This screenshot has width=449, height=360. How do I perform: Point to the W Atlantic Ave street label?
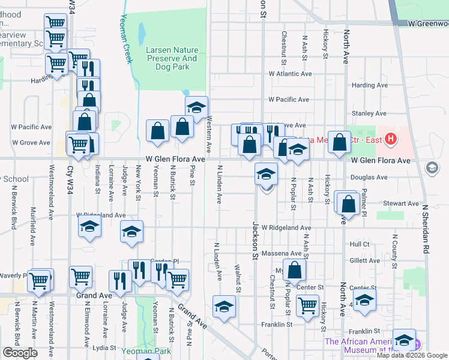pyautogui.click(x=291, y=74)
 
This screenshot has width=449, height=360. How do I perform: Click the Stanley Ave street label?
pyautogui.click(x=369, y=113)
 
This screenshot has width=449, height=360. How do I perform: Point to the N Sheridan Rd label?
pyautogui.click(x=426, y=227)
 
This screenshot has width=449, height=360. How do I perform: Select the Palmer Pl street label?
pyautogui.click(x=364, y=188)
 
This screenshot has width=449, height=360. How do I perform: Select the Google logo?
pyautogui.click(x=20, y=353)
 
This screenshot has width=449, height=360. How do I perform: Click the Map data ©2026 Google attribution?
pyautogui.click(x=412, y=355)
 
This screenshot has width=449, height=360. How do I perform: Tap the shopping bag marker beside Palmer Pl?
pyautogui.click(x=348, y=205)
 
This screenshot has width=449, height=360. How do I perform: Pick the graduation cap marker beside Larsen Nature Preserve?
pyautogui.click(x=196, y=108)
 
